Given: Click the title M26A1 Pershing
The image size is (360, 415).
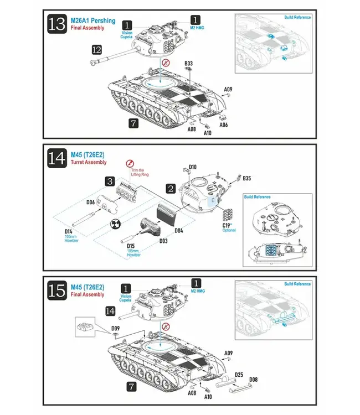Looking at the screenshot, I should coord(93,20).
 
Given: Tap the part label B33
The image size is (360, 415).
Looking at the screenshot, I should coord(189,64).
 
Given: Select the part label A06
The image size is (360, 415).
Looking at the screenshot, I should coord(224,125).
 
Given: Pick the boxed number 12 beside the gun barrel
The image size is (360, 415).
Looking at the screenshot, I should coord(97,50).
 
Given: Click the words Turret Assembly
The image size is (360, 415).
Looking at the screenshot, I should coord(89,163).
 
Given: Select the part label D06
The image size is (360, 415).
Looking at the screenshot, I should coord(91,203).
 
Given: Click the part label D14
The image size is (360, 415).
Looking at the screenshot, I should coord(69,231).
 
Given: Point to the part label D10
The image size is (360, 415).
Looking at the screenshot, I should coord(193,167).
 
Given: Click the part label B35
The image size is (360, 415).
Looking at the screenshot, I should coord(246,178).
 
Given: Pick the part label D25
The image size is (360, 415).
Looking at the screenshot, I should coord(238,375).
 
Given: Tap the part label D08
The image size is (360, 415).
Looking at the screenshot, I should coord(253,380).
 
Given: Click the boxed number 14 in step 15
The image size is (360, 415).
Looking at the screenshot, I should coord(110,312).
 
